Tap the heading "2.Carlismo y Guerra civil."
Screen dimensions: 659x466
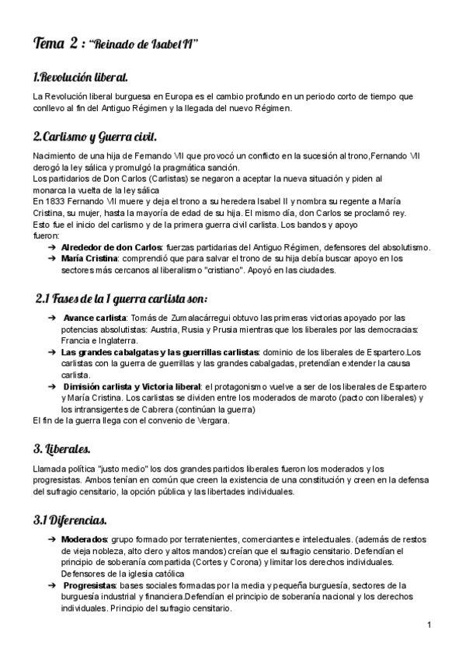tap(95, 138)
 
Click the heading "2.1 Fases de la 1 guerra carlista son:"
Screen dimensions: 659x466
tap(121, 299)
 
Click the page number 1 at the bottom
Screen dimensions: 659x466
tap(429, 625)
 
